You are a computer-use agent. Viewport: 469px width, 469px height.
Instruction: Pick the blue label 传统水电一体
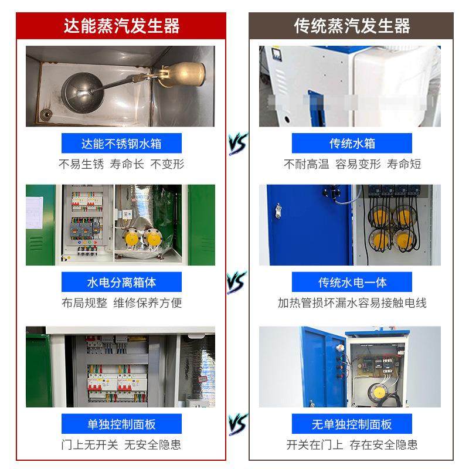pyautogui.click(x=352, y=283)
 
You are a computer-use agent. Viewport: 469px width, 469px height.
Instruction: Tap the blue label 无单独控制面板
pyautogui.click(x=352, y=424)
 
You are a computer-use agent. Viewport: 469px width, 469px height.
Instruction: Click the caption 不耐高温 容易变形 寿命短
pyautogui.click(x=352, y=164)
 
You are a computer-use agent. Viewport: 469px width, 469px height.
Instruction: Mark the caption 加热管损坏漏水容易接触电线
pyautogui.click(x=352, y=303)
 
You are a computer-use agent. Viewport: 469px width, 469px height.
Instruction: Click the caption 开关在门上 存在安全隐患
pyautogui.click(x=352, y=444)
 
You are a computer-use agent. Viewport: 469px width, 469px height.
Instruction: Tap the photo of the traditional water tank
pyautogui.click(x=349, y=86)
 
